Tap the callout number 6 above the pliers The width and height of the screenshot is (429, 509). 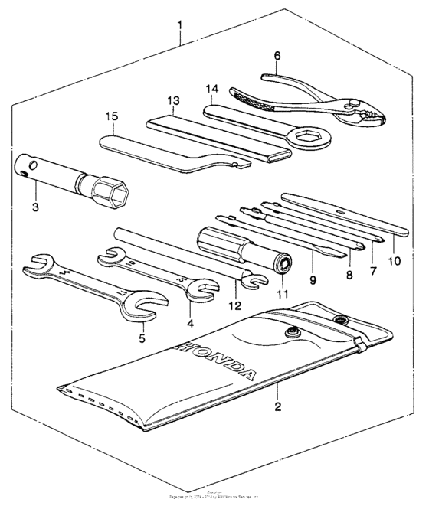pos(277,55)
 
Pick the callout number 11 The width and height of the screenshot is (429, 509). pos(281,292)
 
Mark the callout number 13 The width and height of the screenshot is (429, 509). pos(173,101)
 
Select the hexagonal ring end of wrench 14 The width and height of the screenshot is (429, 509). pos(312,138)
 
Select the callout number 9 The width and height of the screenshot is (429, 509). pos(313,269)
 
